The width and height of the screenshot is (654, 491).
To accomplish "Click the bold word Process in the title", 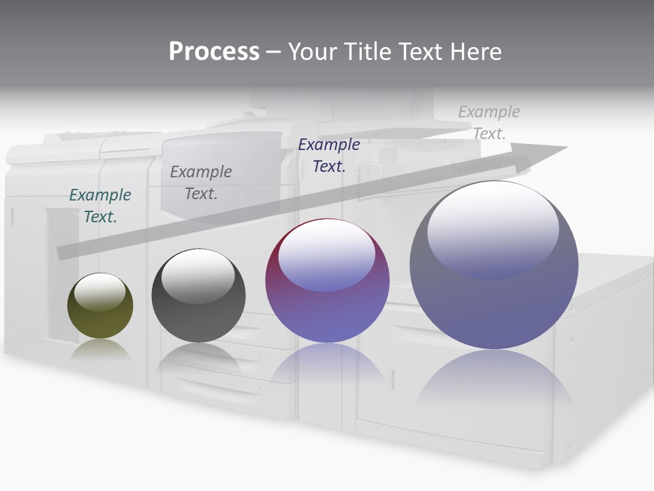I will coord(214,52).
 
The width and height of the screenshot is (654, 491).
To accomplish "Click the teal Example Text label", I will coord(100,206).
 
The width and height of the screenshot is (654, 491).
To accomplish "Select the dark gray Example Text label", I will coord(201,183).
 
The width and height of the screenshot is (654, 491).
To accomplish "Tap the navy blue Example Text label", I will coord(329,155).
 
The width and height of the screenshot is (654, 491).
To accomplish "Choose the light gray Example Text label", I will coord(489,123).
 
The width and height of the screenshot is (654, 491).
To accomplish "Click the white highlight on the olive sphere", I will coord(100,292).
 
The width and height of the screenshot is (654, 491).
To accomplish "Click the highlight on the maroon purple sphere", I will coord(327,254).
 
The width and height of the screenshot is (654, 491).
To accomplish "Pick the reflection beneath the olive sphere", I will coord(100,349).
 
